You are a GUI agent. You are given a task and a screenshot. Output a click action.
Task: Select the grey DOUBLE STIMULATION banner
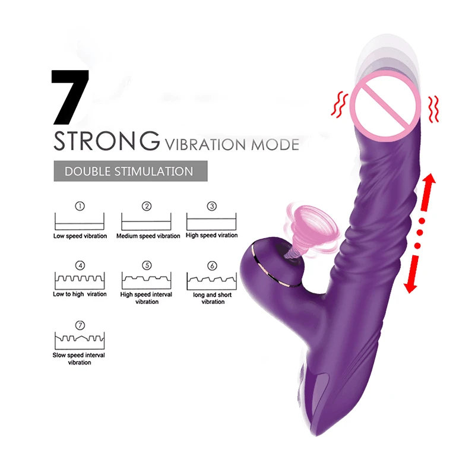(x=129, y=172)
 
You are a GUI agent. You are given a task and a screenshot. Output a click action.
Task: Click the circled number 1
(x=80, y=207)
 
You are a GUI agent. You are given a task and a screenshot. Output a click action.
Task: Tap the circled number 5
(x=147, y=265)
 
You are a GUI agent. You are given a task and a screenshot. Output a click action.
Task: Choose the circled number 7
(x=80, y=325)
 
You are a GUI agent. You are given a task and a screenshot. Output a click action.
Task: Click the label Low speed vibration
(x=80, y=236)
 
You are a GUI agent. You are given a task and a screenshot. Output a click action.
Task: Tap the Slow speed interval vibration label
(x=79, y=359)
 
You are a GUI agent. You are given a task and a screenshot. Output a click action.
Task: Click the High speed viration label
(x=212, y=236)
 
